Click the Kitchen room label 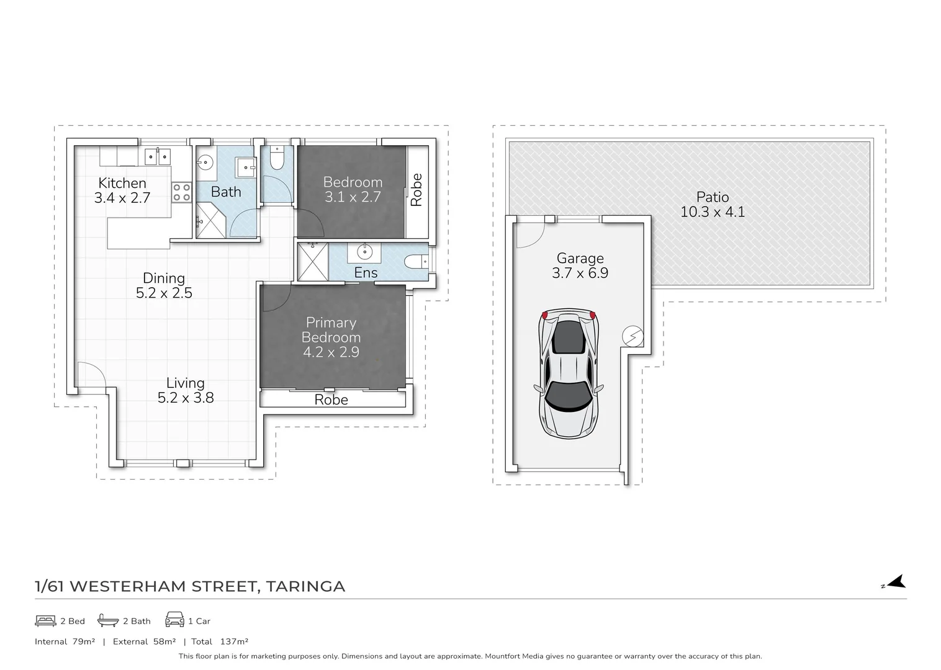point(122,183)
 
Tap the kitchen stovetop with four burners point(181,192)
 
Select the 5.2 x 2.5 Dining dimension point(164,293)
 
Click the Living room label point(185,383)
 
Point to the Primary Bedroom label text point(331,330)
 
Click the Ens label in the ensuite point(366,272)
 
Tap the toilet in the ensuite point(416,262)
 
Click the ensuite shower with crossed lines point(312,262)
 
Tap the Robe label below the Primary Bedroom point(331,400)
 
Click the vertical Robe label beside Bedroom point(416,190)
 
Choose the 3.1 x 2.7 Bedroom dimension point(353,197)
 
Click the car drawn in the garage point(569,374)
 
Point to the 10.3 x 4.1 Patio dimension point(712,212)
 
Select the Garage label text point(580,258)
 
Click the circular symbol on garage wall point(633,336)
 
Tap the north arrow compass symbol point(895,582)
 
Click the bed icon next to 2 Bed point(45,620)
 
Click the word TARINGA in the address point(305,586)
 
